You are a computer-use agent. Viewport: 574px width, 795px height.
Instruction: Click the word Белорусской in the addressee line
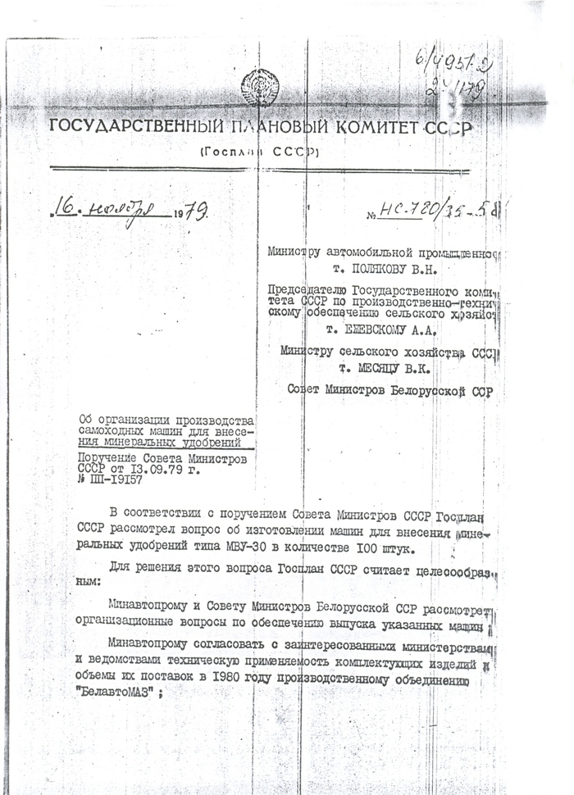[x=418, y=391]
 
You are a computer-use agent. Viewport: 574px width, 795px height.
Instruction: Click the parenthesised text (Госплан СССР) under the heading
[x=257, y=152]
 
